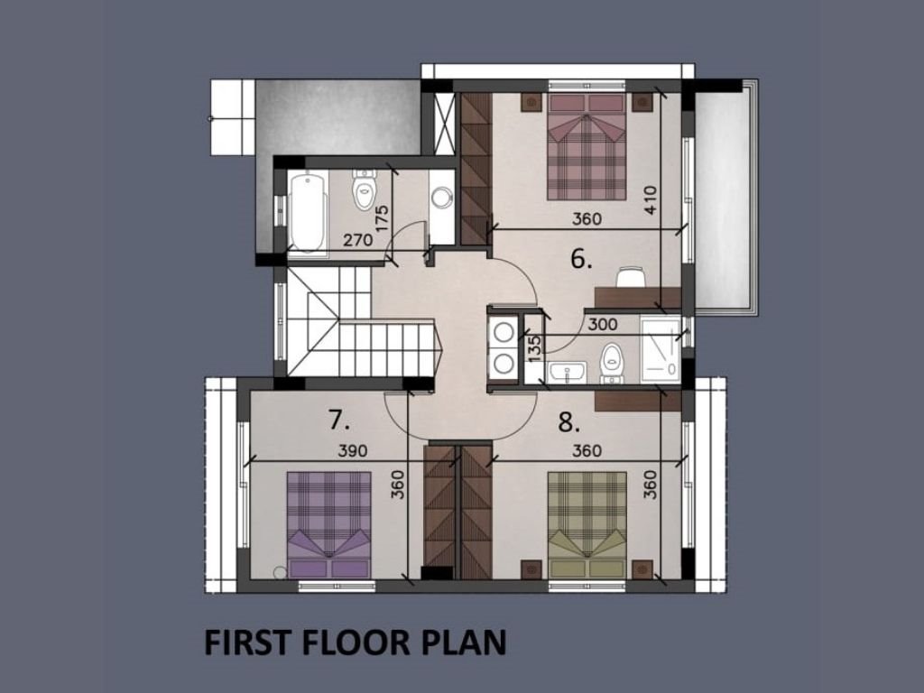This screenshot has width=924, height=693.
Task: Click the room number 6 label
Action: coord(581,259)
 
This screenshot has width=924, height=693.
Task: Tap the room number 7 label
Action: coord(339,420)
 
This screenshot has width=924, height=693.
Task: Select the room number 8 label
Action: coord(569,422)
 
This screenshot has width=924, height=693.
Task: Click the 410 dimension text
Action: coord(650,200)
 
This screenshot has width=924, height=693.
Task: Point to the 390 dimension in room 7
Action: coord(353,451)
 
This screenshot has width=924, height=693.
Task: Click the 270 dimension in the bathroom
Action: coord(358,240)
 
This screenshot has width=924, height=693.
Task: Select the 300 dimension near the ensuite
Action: coord(603,324)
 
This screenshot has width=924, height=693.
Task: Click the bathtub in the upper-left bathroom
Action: coord(309,213)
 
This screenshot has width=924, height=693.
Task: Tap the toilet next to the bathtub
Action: coord(364,189)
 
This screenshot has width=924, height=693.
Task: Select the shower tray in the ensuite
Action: coord(661,349)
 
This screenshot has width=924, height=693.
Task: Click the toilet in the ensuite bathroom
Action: coord(613,363)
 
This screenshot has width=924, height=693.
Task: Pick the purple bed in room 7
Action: coord(328,524)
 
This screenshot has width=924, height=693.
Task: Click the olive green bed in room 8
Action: coord(587,524)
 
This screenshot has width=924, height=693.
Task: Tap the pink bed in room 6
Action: coord(587,146)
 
